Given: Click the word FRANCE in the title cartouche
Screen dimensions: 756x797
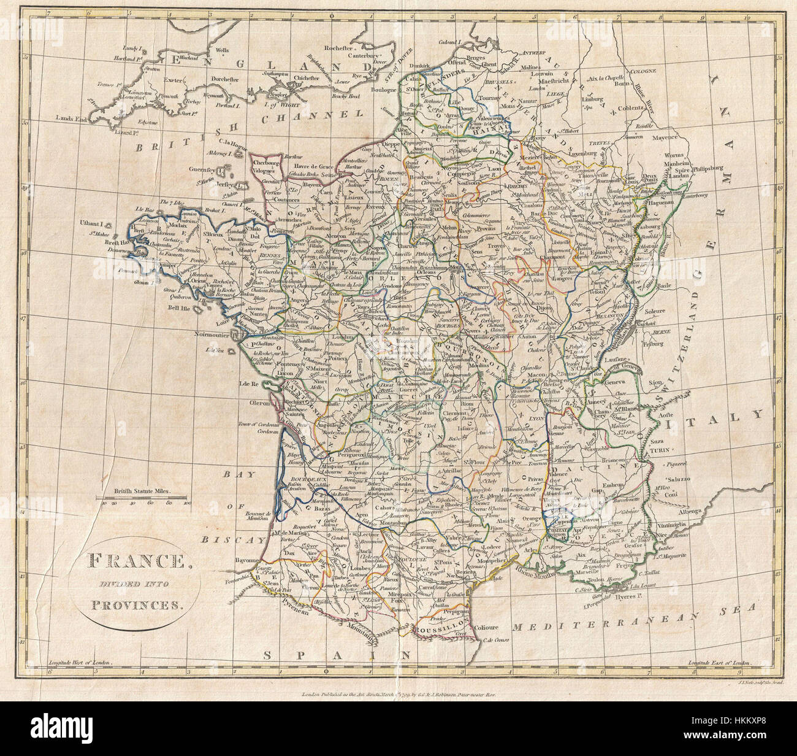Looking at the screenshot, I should click(x=129, y=561).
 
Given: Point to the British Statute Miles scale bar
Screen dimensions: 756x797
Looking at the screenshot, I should click(x=145, y=496).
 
